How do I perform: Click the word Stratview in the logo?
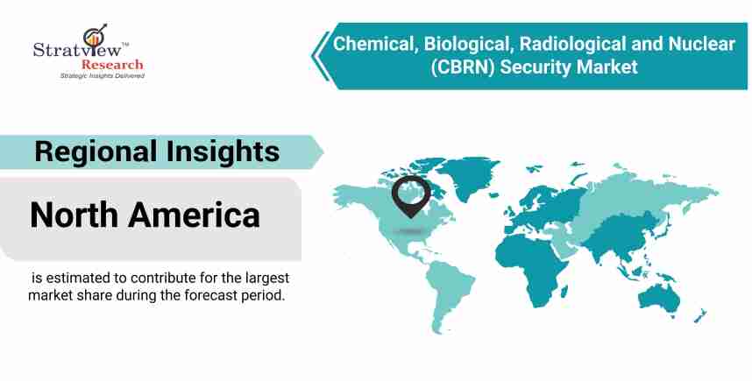[x=78, y=49]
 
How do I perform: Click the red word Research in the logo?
[x=112, y=64]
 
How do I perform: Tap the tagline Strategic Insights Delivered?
[x=103, y=75]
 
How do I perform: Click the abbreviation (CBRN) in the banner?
[x=462, y=67]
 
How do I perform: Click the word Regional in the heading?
[x=96, y=152]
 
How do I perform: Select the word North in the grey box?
[x=74, y=215]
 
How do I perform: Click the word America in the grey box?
[x=195, y=215]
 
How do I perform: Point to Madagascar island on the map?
[x=564, y=291]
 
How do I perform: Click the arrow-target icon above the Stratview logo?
[x=94, y=35]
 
